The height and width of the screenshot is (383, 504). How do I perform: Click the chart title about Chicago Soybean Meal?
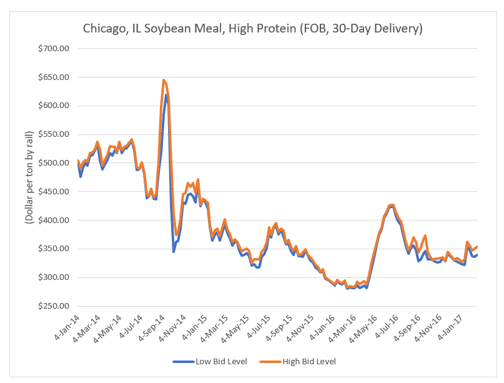tap(253, 29)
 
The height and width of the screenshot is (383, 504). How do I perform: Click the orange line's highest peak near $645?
tap(164, 80)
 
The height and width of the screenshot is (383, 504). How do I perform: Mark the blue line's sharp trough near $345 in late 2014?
tap(174, 251)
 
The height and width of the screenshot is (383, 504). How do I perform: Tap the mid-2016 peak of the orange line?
tap(392, 204)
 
